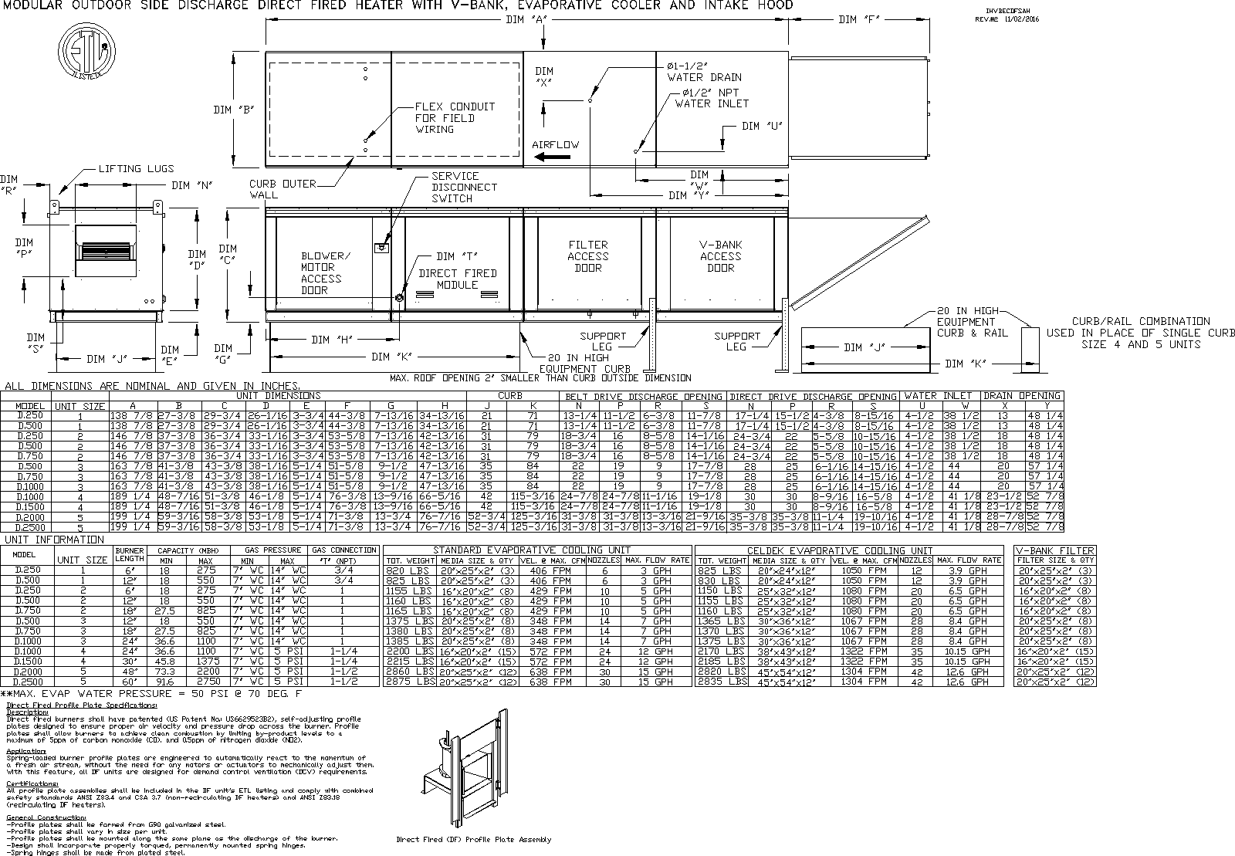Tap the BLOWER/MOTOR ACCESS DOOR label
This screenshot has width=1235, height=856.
tap(325, 273)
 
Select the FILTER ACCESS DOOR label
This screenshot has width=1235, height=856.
tap(588, 256)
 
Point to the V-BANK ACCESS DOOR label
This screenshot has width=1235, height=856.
tap(720, 256)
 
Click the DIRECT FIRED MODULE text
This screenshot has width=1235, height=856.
tap(458, 279)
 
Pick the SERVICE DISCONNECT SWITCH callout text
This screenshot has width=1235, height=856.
tap(464, 188)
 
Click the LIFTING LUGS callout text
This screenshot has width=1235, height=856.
tap(136, 168)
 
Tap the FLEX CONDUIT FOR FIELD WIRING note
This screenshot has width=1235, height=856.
tap(455, 118)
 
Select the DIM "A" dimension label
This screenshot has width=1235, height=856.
tap(525, 20)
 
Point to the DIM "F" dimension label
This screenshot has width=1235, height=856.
tap(859, 20)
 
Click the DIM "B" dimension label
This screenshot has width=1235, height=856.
tap(234, 110)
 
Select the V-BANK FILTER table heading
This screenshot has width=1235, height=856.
tap(1055, 550)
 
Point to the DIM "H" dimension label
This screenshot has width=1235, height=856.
tap(332, 340)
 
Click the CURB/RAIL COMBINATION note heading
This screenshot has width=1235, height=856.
tap(1140, 321)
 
